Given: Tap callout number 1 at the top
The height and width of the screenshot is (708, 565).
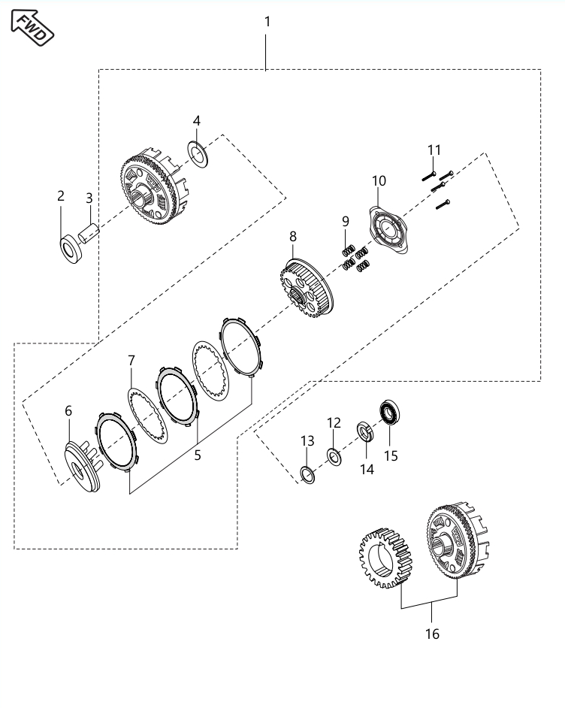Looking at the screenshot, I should click(267, 22).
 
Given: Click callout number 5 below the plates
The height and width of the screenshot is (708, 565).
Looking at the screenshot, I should click(197, 455).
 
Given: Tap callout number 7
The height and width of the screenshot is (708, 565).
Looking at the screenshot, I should click(131, 361).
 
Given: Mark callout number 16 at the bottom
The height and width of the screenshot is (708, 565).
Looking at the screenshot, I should click(432, 634).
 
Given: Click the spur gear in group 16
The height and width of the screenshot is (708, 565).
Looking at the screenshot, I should click(385, 560).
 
